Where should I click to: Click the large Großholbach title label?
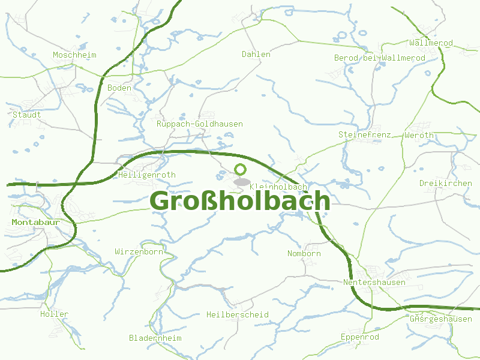tap(239, 201)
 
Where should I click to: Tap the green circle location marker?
tap(241, 169)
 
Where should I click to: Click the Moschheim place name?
tap(74, 55)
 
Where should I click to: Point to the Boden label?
tap(119, 88)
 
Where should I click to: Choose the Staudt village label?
tap(27, 114)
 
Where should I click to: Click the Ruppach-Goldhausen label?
tap(199, 124)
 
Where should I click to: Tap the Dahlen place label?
tap(256, 54)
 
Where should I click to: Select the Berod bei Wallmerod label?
tap(379, 58)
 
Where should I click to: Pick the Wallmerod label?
tap(431, 43)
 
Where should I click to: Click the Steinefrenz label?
tap(365, 134)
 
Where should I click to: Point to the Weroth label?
tap(419, 135)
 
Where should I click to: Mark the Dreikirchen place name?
tap(446, 183)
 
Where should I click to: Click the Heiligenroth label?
tap(147, 175)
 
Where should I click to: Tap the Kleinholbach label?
tap(278, 187)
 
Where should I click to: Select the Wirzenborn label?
tap(139, 252)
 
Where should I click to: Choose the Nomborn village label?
tap(304, 253)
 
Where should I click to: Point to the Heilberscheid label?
tap(237, 314)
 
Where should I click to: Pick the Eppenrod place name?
tap(359, 337)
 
